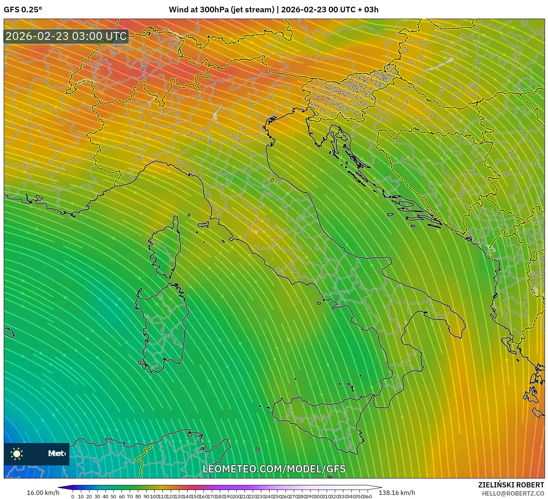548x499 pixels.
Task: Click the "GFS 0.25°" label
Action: coord(23,10)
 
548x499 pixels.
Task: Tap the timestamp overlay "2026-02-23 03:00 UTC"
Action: coord(66,36)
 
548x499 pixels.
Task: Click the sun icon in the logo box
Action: coord(17,454)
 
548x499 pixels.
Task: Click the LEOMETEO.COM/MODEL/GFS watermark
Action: coord(274,469)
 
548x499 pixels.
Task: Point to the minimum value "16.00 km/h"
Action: coord(43,493)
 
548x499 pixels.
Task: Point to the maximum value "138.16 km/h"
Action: coord(397,493)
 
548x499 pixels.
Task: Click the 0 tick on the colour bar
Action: coord(73,496)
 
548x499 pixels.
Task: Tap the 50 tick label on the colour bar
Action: coord(113,496)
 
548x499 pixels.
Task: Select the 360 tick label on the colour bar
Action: coord(367,496)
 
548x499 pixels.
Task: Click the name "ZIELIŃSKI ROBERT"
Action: coord(511,485)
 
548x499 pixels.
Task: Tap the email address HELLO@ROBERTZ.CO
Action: coord(513,493)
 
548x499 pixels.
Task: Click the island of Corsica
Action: coord(164,248)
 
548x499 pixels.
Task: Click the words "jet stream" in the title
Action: coord(253,10)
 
